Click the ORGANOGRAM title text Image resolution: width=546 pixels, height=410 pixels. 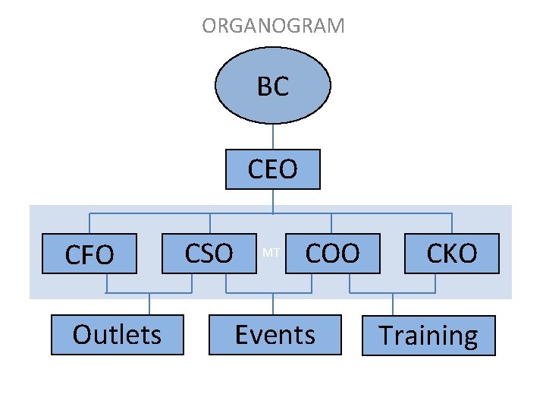coord(273,26)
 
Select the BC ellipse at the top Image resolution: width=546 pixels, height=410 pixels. coord(273,87)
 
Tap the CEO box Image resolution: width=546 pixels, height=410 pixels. coord(273,169)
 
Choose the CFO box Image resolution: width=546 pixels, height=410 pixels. coord(89,254)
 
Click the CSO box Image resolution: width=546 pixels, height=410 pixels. coord(209,253)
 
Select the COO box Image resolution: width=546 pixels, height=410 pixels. coord(331,253)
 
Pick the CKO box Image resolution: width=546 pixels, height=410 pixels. coord(452,253)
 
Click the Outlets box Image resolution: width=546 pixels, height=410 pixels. coord(118,335)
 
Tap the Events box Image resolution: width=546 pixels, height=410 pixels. coord(274,335)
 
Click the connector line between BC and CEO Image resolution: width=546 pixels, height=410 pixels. coord(273,136)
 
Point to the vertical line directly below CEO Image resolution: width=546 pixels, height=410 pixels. coord(273,200)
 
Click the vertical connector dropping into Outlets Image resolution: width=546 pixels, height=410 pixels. coord(149,304)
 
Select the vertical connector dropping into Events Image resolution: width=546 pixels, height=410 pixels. coord(273,304)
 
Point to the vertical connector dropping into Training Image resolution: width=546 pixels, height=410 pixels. coord(392,304)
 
